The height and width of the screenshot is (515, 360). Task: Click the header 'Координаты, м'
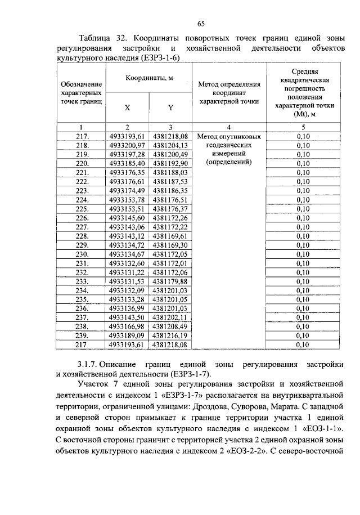149,77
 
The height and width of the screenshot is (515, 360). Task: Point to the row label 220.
82,163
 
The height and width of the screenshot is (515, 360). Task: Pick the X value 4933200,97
127,145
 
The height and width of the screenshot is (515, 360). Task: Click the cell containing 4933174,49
127,190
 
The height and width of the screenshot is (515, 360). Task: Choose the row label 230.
82,254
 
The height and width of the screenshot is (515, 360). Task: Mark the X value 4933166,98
127,326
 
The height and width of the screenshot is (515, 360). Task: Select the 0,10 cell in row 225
303,209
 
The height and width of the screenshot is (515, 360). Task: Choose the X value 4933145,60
127,218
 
